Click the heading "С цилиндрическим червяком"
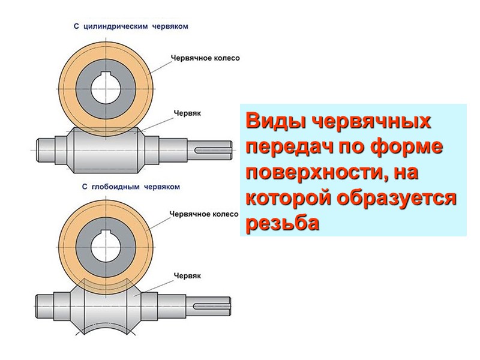pos(131,26)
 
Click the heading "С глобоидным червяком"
pos(131,187)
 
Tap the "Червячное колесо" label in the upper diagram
pos(205,58)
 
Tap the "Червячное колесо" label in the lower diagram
pos(203,213)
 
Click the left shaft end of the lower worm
pos(50,303)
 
